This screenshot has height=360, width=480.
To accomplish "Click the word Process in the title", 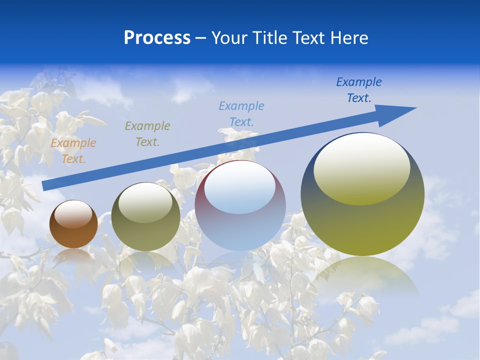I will click(x=157, y=38).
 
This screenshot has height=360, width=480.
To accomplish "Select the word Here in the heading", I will click(x=348, y=38).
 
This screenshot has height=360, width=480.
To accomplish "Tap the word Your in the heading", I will click(x=228, y=38).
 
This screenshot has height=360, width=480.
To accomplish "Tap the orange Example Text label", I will click(x=73, y=151).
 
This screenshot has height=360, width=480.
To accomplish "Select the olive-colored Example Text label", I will click(x=147, y=133).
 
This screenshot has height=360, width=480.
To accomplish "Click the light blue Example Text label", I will click(x=241, y=113).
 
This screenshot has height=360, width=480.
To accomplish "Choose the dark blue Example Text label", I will click(x=359, y=89).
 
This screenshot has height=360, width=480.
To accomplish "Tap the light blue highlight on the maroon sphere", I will click(x=240, y=188).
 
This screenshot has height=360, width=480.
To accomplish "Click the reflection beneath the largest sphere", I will click(x=365, y=275).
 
